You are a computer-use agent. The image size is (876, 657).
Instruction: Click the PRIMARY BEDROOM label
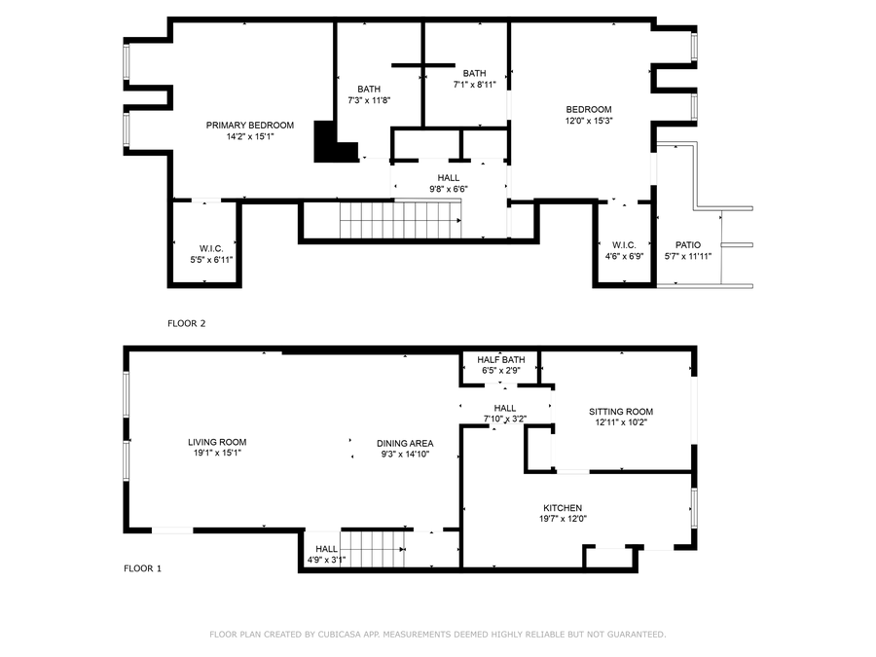pyautogui.click(x=249, y=125)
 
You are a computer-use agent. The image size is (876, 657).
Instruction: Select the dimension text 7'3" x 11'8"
pyautogui.click(x=369, y=100)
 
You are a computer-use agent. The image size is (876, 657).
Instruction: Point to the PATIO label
pyautogui.click(x=687, y=245)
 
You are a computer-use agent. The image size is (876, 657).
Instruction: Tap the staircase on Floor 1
pyautogui.click(x=376, y=549)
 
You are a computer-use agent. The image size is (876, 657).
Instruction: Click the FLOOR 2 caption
pyautogui.click(x=186, y=323)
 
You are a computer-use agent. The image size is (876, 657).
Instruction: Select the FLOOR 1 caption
pyautogui.click(x=141, y=567)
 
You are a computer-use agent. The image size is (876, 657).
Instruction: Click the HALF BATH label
pyautogui.click(x=500, y=359)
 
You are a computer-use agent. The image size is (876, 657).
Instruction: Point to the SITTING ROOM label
pyautogui.click(x=620, y=412)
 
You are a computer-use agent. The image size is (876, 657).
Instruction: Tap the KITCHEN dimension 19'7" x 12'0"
pyautogui.click(x=563, y=519)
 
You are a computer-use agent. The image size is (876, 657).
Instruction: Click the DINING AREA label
pyautogui.click(x=404, y=443)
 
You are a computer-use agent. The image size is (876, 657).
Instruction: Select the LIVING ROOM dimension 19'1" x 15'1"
pyautogui.click(x=216, y=453)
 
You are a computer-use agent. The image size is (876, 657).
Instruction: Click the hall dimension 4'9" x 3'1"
pyautogui.click(x=326, y=559)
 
